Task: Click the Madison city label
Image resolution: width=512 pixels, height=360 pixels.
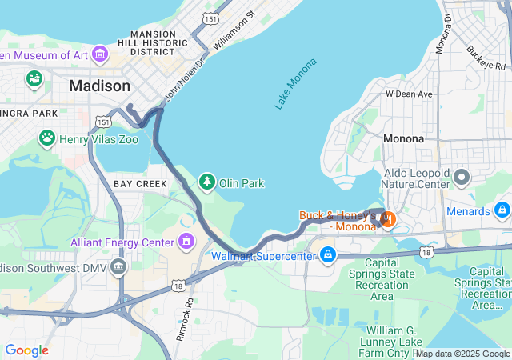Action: point(99,86)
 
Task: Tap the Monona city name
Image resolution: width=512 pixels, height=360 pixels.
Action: point(403,138)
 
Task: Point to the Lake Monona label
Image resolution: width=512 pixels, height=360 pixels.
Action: point(295,83)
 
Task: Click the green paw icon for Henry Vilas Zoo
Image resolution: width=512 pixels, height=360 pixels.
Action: point(47,138)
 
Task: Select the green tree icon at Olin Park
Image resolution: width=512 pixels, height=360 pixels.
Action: point(208,182)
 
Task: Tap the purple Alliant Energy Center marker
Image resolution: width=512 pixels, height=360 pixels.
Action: point(186,241)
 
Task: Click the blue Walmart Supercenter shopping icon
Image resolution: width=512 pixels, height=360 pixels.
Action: point(327,256)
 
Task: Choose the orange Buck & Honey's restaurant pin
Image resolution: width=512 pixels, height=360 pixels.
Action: point(387,217)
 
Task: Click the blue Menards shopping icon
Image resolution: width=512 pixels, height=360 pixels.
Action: point(502,211)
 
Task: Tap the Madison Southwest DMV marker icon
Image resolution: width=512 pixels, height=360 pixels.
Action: point(118,266)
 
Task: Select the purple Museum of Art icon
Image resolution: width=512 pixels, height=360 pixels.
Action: point(100,54)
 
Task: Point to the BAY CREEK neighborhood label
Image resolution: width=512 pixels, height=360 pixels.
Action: point(140,184)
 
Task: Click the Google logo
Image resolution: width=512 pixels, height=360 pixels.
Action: point(26,350)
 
